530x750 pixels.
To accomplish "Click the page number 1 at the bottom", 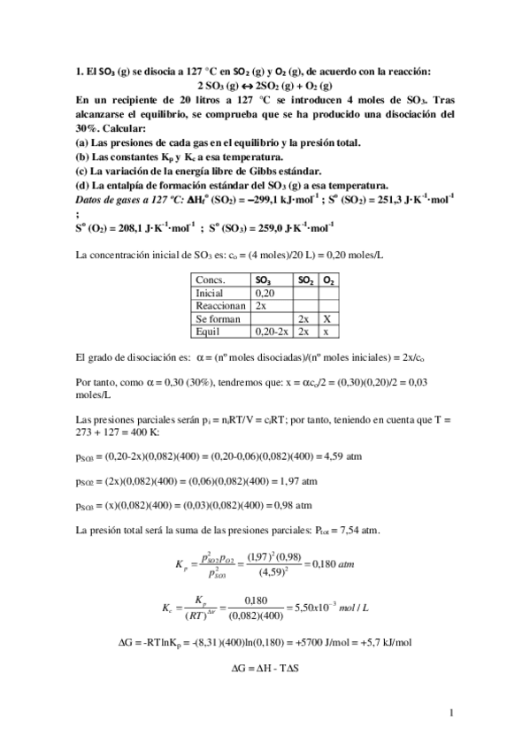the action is click(451, 713).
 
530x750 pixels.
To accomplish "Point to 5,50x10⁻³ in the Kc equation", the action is click(314, 610).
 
